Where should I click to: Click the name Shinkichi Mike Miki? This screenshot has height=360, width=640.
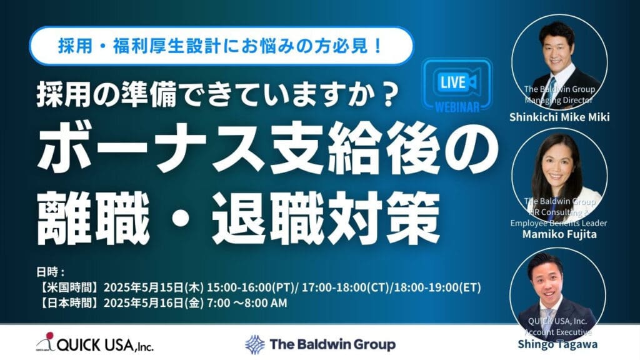[x=559, y=117]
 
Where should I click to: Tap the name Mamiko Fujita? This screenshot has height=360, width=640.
[x=559, y=234]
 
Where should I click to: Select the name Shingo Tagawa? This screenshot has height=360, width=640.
[x=557, y=344]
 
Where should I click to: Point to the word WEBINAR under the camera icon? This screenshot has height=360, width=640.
[x=457, y=107]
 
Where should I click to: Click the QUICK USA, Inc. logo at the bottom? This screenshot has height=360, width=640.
[x=95, y=343]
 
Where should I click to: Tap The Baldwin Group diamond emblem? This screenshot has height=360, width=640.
[x=255, y=344]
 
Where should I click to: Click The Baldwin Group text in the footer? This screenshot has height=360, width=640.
[x=332, y=344]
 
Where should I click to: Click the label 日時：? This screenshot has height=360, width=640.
[x=51, y=272]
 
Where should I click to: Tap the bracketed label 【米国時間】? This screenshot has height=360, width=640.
[x=69, y=287]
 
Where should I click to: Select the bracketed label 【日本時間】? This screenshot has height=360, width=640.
[x=69, y=303]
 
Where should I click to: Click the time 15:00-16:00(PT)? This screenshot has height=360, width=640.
[x=251, y=287]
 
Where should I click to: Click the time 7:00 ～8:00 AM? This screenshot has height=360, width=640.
[x=247, y=303]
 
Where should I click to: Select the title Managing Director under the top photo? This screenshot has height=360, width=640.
[x=558, y=100]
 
